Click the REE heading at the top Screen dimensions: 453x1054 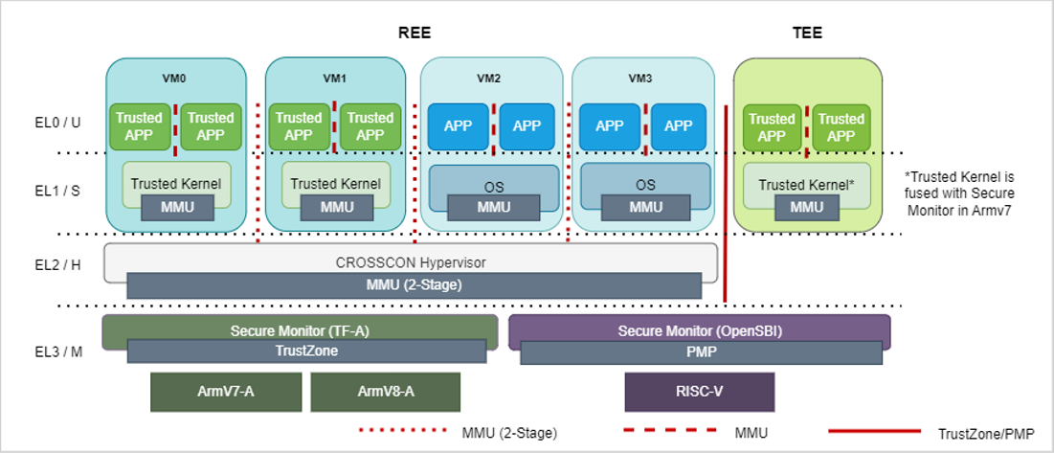click(x=415, y=33)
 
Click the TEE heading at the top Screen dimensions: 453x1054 click(x=807, y=33)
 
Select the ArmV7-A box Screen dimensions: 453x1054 click(x=226, y=392)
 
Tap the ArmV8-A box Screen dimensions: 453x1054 click(x=385, y=392)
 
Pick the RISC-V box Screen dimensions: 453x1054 click(x=699, y=392)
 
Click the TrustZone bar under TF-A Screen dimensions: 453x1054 click(x=306, y=351)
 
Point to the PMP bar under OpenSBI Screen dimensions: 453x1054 click(x=700, y=351)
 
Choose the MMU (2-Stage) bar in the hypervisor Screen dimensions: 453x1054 click(x=414, y=285)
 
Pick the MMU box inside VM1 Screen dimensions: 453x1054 click(x=336, y=207)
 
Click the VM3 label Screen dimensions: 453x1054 click(x=642, y=79)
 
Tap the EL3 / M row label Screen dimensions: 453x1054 click(x=56, y=351)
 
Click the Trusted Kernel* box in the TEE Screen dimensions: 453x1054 click(x=806, y=182)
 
